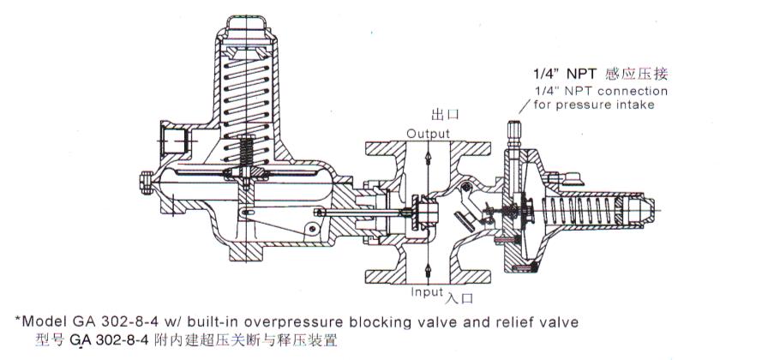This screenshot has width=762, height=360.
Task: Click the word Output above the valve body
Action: click(428, 135)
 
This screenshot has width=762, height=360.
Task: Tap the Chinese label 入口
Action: click(461, 297)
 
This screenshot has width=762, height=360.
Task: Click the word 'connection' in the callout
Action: click(633, 91)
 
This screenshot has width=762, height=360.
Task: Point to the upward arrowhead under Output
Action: click(428, 157)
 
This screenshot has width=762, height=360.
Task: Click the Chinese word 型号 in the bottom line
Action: click(50, 340)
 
